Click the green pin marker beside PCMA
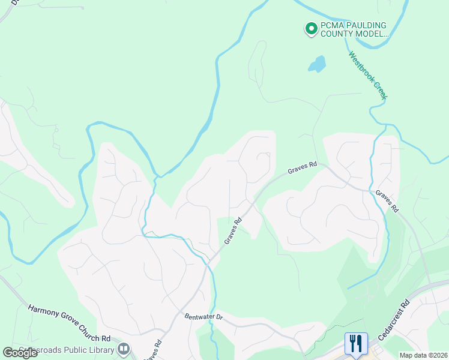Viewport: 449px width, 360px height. tap(311, 28)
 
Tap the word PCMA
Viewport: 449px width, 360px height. tap(333, 25)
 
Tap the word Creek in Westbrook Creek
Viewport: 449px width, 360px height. tap(380, 92)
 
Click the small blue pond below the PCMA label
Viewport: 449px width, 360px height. tap(316, 64)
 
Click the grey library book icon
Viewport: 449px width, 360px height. tap(124, 348)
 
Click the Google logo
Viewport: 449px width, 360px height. tap(20, 353)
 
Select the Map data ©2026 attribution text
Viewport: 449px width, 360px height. tap(423, 355)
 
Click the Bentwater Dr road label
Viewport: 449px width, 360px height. tap(203, 316)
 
